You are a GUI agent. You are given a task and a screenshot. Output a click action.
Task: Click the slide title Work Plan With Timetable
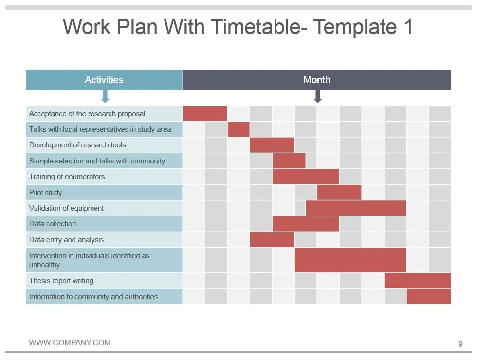(x=238, y=27)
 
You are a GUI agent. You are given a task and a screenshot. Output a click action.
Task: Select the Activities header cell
(x=104, y=80)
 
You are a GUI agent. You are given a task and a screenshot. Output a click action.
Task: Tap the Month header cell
(x=317, y=80)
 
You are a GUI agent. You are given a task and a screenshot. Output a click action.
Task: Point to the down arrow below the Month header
(x=317, y=96)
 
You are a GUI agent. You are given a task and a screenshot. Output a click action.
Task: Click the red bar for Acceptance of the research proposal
(x=205, y=113)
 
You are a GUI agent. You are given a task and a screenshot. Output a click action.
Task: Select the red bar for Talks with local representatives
(x=238, y=129)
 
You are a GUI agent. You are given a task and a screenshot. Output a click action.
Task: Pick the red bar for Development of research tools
(x=272, y=145)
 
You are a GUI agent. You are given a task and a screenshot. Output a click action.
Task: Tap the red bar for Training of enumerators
(x=306, y=177)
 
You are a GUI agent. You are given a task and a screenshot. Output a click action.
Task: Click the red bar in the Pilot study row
(x=339, y=192)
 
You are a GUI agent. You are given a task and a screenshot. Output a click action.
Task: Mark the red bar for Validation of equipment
(x=356, y=208)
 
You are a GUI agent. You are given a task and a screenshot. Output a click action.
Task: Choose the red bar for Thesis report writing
(x=418, y=281)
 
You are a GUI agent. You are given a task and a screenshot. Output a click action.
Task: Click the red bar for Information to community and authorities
(x=429, y=296)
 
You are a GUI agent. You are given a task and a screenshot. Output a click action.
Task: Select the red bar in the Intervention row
(x=350, y=260)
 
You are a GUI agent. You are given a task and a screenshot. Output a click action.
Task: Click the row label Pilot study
(x=46, y=193)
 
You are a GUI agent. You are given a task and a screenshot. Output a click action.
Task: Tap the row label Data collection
(x=53, y=224)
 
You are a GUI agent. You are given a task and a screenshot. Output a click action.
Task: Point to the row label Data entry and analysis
(x=66, y=240)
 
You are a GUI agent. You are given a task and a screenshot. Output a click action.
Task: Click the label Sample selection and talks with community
(x=97, y=161)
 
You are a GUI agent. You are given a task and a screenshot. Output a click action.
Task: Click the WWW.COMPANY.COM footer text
(x=70, y=343)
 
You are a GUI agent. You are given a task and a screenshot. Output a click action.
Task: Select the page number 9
(x=460, y=344)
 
